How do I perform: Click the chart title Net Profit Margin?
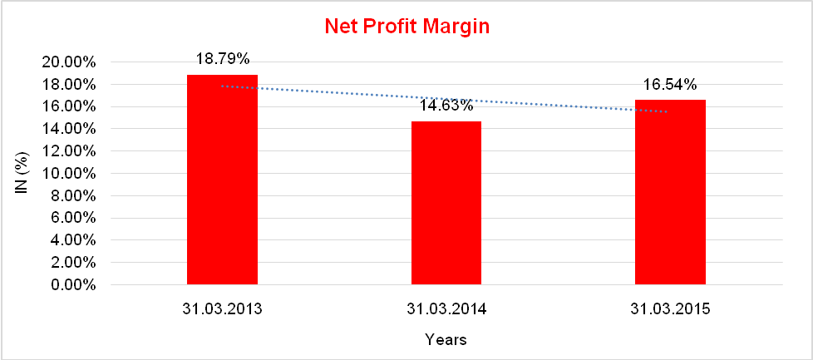click(406, 27)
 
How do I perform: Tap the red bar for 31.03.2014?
click(446, 203)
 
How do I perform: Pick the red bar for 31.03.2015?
click(670, 192)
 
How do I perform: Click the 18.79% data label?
click(223, 59)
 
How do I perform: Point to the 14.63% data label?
click(446, 106)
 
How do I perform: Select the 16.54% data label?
click(670, 84)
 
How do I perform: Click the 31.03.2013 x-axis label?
click(223, 308)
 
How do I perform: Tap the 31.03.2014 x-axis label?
click(446, 308)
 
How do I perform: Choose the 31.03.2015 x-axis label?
click(670, 308)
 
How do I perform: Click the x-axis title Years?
click(446, 339)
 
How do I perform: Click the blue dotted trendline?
click(333, 93)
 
